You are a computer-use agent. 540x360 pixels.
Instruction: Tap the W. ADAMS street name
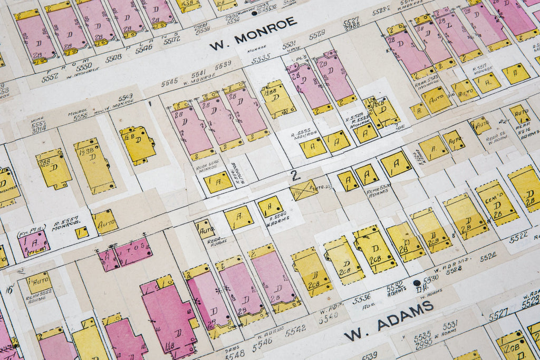pyautogui.click(x=389, y=319)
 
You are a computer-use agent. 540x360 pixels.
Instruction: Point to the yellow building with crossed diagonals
pyautogui.click(x=304, y=190)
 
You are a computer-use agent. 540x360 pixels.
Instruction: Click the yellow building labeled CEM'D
pyautogui.click(x=496, y=202)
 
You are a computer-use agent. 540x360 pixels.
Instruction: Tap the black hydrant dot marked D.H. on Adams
pyautogui.click(x=417, y=283)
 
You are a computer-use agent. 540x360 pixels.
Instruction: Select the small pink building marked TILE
pyautogui.click(x=34, y=243)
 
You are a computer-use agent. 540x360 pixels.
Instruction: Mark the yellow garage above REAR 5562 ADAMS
pyautogui.click(x=39, y=282)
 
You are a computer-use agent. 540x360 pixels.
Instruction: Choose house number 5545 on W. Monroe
pyautogui.click(x=169, y=82)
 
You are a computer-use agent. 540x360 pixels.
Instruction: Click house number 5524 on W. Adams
pyautogui.click(x=488, y=256)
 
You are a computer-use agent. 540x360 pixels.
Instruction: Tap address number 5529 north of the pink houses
pyautogui.click(x=317, y=35)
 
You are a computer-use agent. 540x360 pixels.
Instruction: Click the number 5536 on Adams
pyautogui.click(x=361, y=298)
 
